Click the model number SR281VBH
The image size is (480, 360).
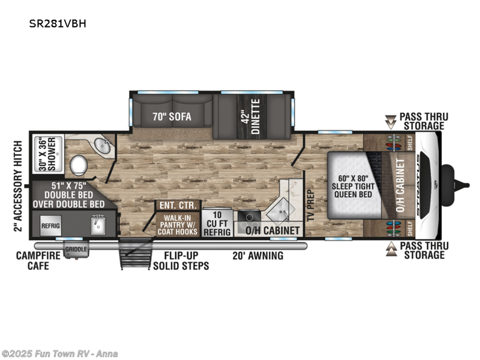(58, 23)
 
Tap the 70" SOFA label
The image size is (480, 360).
(172, 116)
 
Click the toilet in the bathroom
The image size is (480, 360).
(79, 165)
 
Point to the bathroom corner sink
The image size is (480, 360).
(102, 146)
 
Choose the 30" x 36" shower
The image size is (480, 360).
(48, 154)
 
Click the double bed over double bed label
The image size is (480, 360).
(68, 195)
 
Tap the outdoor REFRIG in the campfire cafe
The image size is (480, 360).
(50, 226)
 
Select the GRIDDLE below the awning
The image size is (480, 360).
(76, 249)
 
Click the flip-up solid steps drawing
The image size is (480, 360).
(136, 253)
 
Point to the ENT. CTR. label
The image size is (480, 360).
(178, 205)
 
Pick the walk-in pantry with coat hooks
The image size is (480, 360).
(178, 224)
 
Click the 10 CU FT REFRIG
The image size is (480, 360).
(217, 223)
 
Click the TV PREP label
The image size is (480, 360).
(311, 205)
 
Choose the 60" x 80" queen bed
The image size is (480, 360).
(355, 185)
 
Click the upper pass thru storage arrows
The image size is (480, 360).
(391, 122)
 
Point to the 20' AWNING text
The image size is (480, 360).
(258, 256)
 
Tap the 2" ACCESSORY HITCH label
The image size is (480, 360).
(19, 186)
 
